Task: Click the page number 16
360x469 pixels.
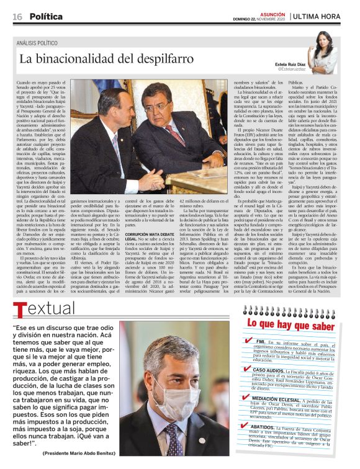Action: click(17, 16)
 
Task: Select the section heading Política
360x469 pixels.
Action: click(45, 16)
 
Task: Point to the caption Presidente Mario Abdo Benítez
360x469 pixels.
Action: click(81, 453)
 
